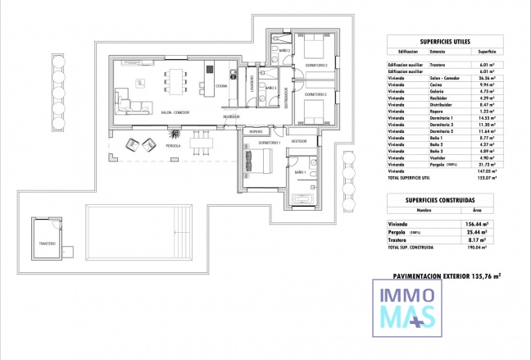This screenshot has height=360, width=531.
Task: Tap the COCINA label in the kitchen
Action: pyautogui.click(x=221, y=85)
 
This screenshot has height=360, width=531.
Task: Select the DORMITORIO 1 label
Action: pyautogui.click(x=269, y=144)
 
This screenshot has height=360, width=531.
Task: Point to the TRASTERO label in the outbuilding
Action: pyautogui.click(x=48, y=244)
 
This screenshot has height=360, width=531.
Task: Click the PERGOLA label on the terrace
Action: pyautogui.click(x=173, y=145)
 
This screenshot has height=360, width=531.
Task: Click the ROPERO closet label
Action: pyautogui.click(x=256, y=131)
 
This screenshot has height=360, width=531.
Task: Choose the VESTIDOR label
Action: pyautogui.click(x=298, y=141)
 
